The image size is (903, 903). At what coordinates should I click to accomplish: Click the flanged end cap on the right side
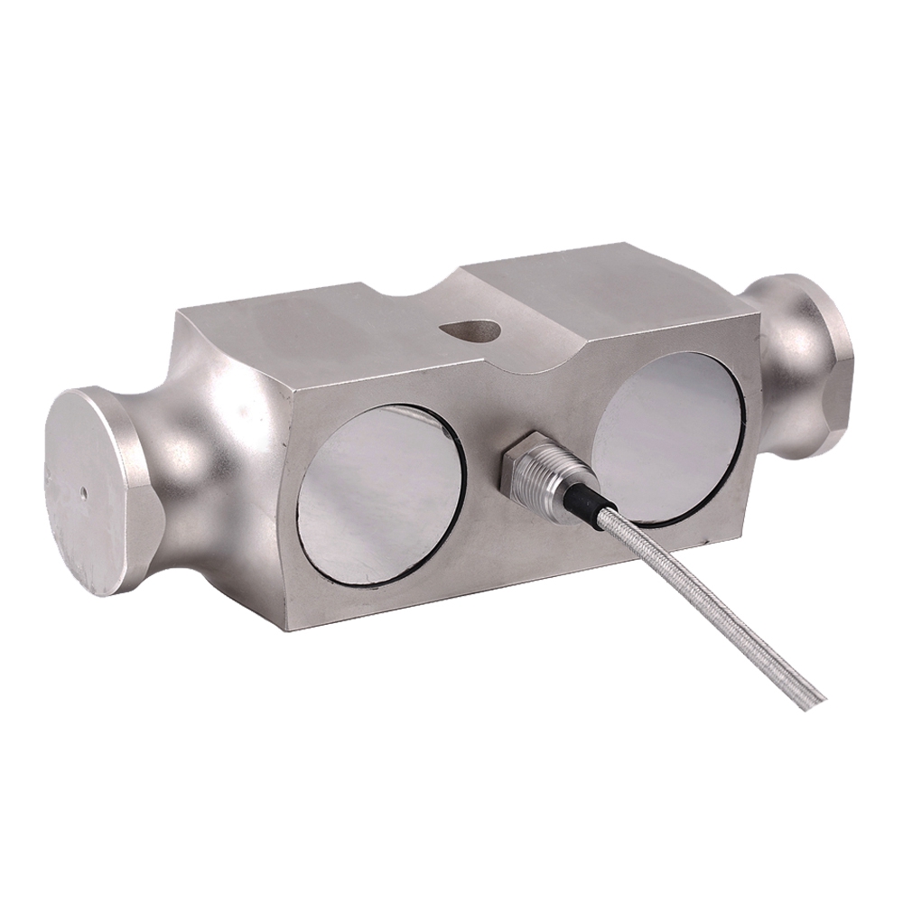817,361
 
